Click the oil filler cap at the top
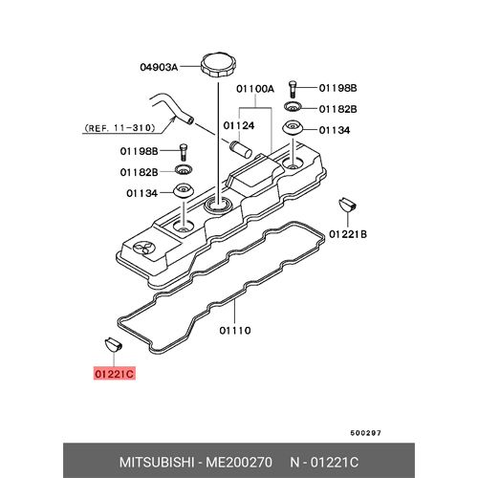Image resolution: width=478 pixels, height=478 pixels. pyautogui.click(x=219, y=65)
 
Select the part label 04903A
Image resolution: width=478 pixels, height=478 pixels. pyautogui.click(x=159, y=67)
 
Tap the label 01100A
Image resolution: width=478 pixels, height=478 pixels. pyautogui.click(x=255, y=89)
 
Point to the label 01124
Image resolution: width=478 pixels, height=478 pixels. pyautogui.click(x=239, y=125)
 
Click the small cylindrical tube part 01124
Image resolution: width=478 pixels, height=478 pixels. pyautogui.click(x=241, y=149)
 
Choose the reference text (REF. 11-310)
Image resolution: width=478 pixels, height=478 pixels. pyautogui.click(x=119, y=128)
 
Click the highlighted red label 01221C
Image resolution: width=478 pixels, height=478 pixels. pyautogui.click(x=115, y=373)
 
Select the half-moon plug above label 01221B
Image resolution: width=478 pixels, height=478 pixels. pyautogui.click(x=347, y=205)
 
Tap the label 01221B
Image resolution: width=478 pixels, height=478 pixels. pyautogui.click(x=348, y=234)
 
